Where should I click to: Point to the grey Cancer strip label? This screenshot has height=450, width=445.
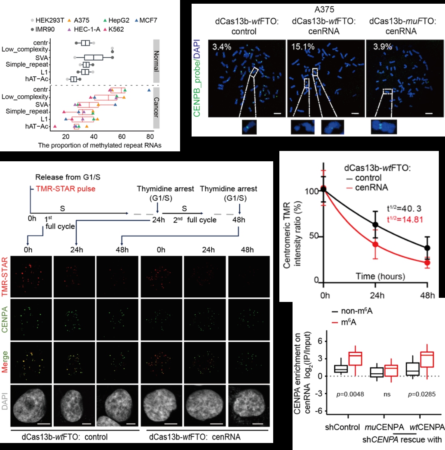[x=157, y=107]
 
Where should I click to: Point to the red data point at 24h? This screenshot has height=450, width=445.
[x=376, y=244]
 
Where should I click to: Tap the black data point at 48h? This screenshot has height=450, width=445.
[x=428, y=248]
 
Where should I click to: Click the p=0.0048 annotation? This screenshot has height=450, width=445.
[x=348, y=394]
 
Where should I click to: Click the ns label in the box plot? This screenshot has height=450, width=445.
[x=387, y=394]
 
